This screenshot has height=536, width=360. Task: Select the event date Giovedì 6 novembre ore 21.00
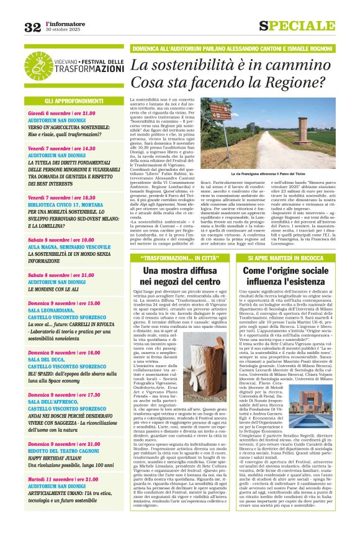point(61,114)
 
